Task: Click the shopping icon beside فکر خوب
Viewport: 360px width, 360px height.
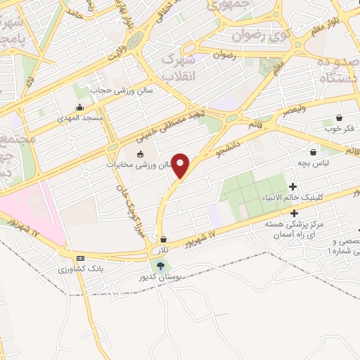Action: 340,117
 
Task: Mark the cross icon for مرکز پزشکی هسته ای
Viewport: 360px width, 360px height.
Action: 293,212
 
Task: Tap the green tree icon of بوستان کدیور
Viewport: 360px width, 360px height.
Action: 162,266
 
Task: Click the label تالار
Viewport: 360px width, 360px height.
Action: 164,250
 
